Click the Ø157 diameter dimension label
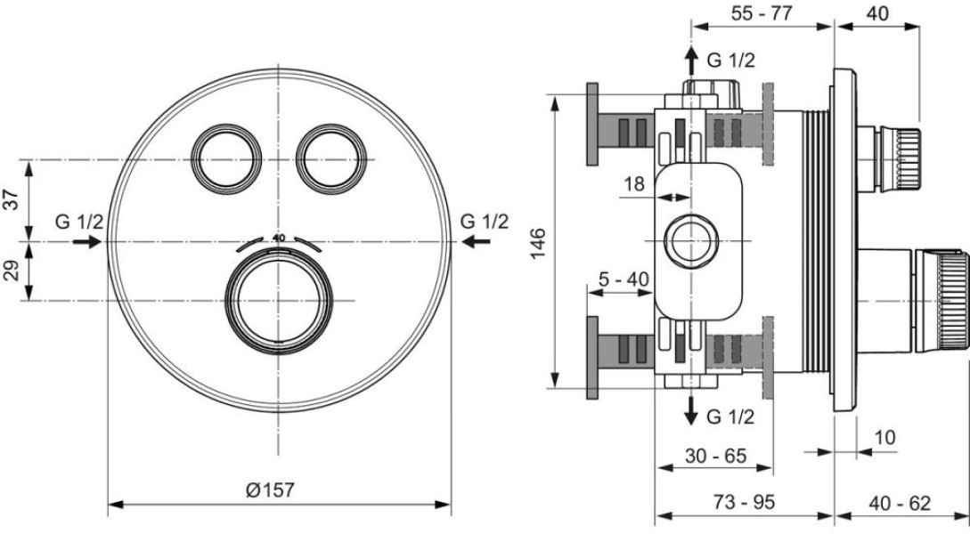click(270, 490)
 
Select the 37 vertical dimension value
click(12, 200)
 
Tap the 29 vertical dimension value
click(12, 270)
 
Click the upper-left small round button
click(225, 159)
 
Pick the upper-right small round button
click(331, 159)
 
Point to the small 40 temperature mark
click(279, 238)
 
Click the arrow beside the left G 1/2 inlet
click(87, 242)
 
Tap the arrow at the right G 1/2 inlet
click(477, 242)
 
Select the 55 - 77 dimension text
click(762, 13)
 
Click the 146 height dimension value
click(538, 243)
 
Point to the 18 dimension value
click(633, 183)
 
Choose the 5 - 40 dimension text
click(624, 279)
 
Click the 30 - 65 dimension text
click(716, 456)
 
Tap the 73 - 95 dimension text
click(744, 503)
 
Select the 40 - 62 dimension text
click(900, 503)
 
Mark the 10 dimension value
click(885, 438)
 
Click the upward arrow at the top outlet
click(690, 61)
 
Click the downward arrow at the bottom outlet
click(690, 409)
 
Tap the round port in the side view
click(690, 242)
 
